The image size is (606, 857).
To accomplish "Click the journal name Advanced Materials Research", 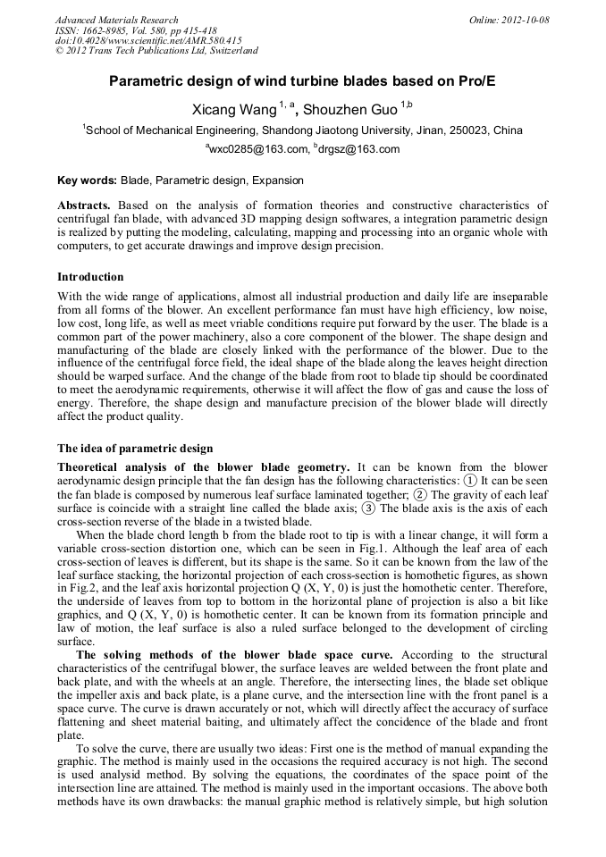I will pyautogui.click(x=116, y=20).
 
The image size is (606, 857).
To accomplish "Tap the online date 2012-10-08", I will pyautogui.click(x=525, y=20).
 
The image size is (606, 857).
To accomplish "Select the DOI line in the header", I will pyautogui.click(x=147, y=40).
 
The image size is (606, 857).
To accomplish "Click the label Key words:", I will pyautogui.click(x=87, y=181).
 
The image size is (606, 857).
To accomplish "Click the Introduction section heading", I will pyautogui.click(x=90, y=277).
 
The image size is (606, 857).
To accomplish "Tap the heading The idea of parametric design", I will pyautogui.click(x=135, y=448).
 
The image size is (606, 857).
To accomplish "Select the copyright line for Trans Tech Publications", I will pyautogui.click(x=156, y=51).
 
